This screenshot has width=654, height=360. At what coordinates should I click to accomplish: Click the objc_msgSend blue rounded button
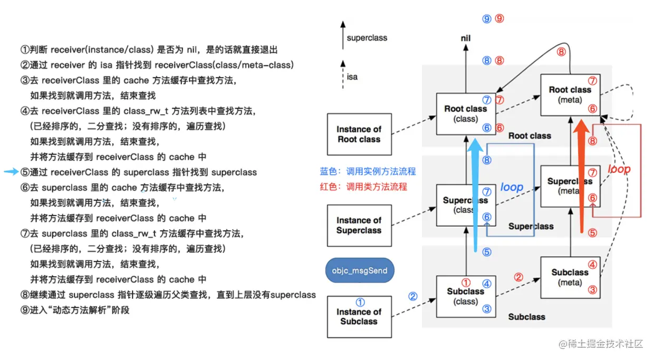coord(359,271)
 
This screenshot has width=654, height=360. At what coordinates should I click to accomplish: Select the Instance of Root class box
coord(359,134)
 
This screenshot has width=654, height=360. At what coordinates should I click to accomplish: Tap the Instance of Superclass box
coord(359,226)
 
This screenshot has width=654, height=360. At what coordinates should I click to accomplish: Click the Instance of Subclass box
coord(359,316)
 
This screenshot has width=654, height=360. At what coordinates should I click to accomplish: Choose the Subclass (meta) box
coord(570,277)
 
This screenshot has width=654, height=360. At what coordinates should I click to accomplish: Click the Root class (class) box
coord(465,113)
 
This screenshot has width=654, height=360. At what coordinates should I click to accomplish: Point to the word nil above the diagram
coord(465,38)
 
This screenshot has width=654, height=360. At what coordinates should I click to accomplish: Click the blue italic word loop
coord(511,187)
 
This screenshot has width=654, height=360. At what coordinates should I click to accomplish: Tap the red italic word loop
coord(619,170)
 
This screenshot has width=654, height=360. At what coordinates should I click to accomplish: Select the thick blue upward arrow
coord(476,195)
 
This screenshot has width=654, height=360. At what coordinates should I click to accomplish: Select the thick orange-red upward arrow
coord(581,177)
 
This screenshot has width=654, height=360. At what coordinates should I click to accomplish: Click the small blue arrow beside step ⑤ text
coord(11,172)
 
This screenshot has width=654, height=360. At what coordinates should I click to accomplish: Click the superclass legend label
coord(367,38)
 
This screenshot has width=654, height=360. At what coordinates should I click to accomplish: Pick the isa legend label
coord(352,77)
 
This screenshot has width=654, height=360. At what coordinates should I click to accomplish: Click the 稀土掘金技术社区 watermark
coord(601,344)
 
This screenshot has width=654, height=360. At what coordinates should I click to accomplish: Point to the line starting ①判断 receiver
coord(149,50)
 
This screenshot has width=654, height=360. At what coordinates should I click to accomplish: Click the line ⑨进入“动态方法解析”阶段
coord(75,310)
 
